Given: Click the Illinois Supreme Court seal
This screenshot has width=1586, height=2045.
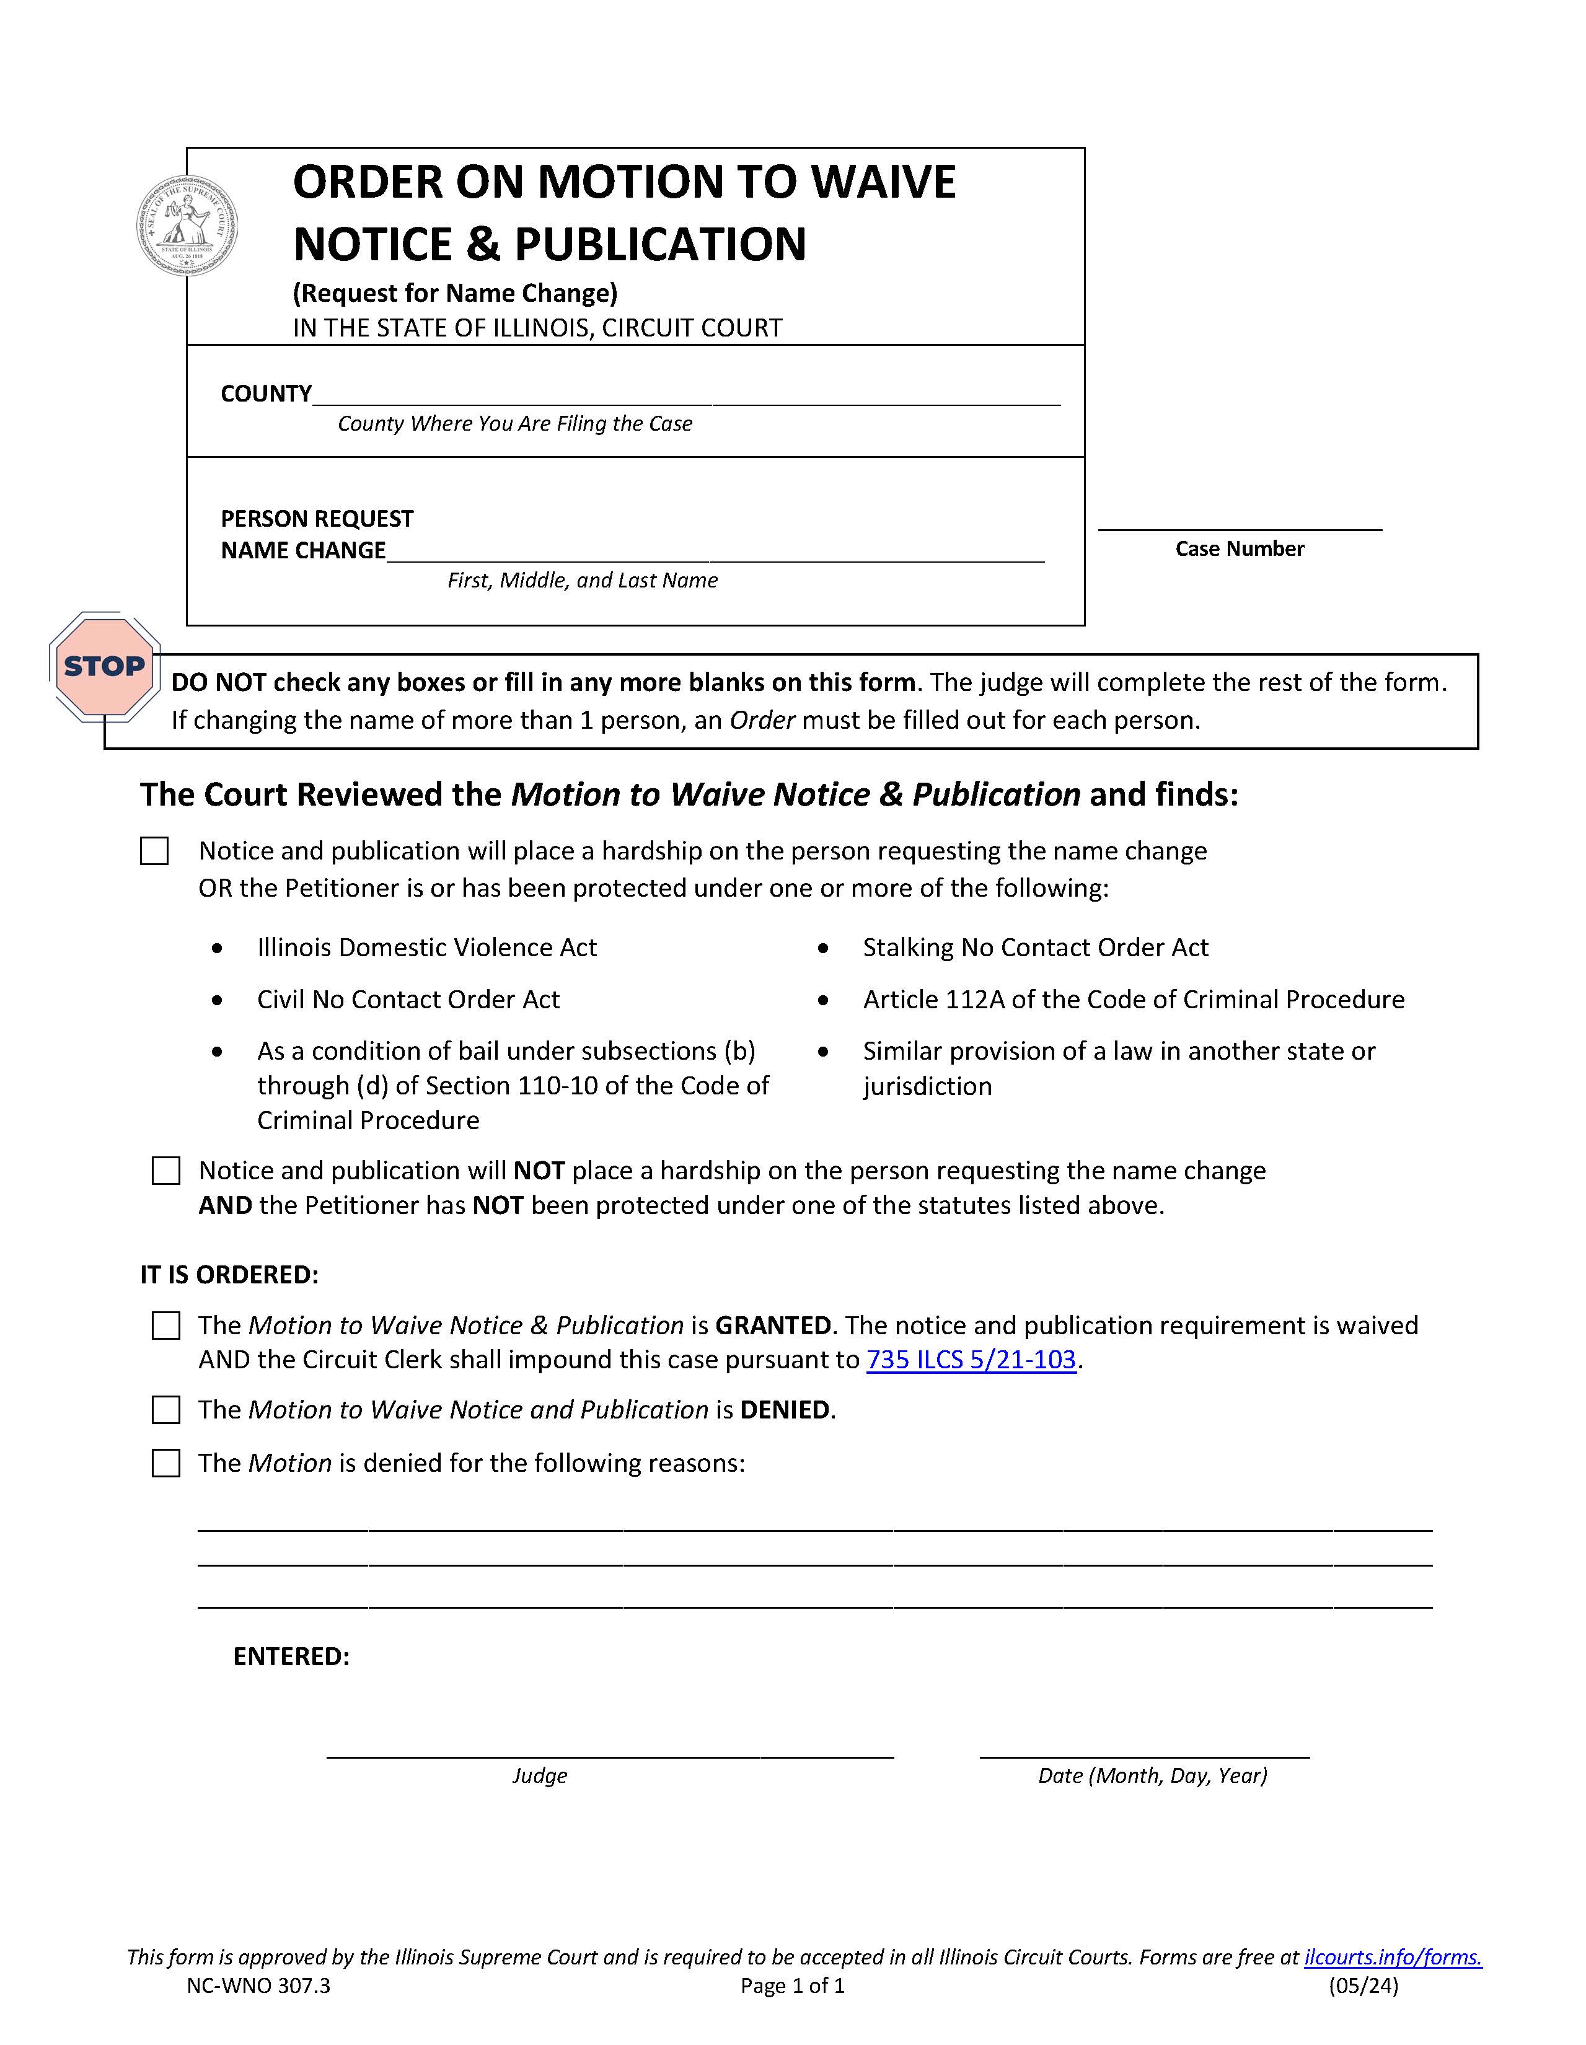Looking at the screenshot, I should click(x=187, y=226).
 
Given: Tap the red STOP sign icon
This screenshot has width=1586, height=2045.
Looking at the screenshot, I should click(x=104, y=667).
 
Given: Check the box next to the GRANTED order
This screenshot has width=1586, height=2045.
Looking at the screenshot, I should click(x=165, y=1326).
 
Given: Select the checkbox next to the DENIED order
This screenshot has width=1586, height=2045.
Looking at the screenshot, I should click(x=165, y=1410).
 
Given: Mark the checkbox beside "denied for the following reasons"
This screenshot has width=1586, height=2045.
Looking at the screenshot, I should click(x=165, y=1464).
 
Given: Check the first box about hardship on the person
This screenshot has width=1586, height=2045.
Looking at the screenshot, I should click(x=154, y=851).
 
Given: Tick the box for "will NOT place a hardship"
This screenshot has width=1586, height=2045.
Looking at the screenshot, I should click(x=165, y=1171).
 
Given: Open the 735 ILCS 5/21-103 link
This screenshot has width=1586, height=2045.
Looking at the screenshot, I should click(x=971, y=1360).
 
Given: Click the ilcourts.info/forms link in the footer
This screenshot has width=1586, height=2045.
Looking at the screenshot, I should click(x=1392, y=1957).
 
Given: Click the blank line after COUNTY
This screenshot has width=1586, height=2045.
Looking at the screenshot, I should click(x=685, y=395).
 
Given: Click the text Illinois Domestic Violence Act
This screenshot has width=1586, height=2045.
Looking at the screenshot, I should click(x=427, y=948).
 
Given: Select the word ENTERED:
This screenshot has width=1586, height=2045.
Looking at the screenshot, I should click(x=291, y=1657).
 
